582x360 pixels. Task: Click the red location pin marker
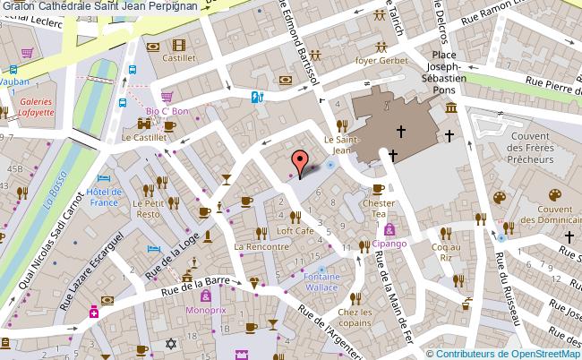coord(300,162)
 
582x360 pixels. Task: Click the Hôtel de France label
coord(104,196)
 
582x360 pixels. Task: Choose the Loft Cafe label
coord(295,230)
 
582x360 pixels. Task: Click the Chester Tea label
coord(378,208)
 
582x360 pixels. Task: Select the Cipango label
coord(390,243)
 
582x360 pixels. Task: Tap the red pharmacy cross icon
coord(93,313)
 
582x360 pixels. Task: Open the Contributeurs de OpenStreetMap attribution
coord(513,352)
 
